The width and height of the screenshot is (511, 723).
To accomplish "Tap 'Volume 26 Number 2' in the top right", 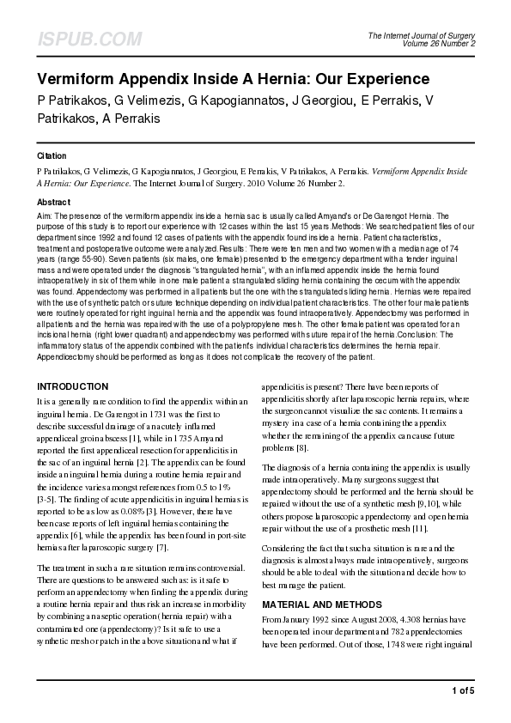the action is coord(438,43).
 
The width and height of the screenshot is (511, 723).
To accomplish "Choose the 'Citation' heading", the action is coord(52,156).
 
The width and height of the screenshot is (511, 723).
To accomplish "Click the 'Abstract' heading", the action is coord(53,202).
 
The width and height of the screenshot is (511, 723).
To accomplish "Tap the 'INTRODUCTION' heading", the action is coord(72,386).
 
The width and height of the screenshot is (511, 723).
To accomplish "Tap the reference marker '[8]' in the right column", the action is coord(302,448).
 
